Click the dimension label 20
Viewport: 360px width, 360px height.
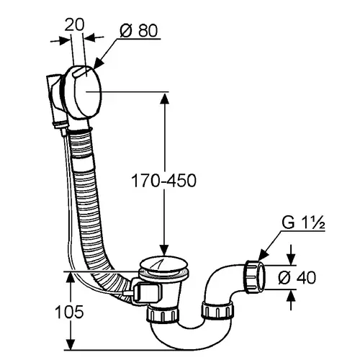tap(74, 25)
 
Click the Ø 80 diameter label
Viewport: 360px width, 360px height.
tap(138, 31)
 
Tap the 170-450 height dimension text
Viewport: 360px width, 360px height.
tap(164, 181)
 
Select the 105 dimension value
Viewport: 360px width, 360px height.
tap(69, 312)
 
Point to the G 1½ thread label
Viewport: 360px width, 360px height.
tap(303, 222)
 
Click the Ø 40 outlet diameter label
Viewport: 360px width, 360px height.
tap(297, 278)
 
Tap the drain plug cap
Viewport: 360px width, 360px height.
tap(163, 265)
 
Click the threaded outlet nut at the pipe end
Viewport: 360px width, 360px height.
tap(254, 276)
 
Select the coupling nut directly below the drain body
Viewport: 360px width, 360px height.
tap(163, 313)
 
